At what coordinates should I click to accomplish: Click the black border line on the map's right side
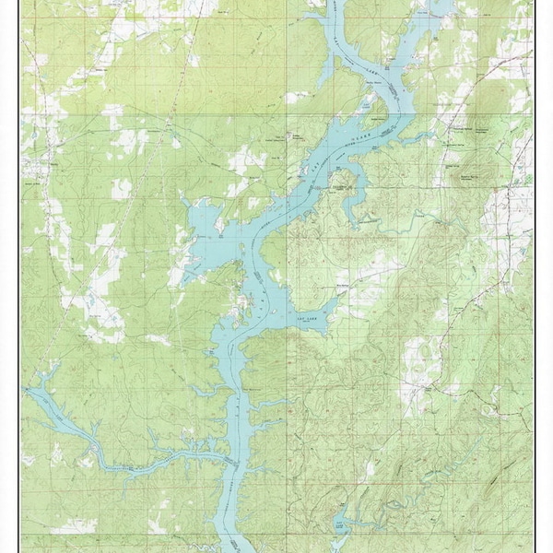pyautogui.click(x=535, y=276)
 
